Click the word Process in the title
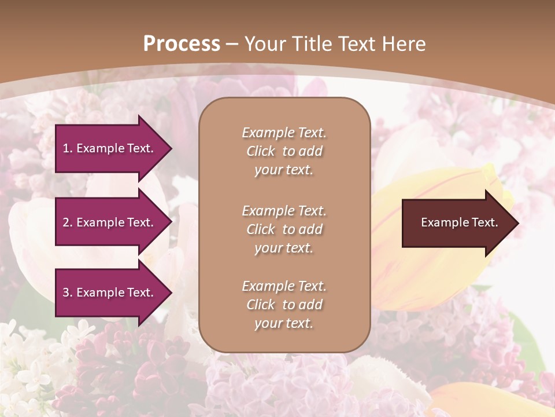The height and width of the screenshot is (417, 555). [x=182, y=44]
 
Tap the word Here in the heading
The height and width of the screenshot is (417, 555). [x=403, y=44]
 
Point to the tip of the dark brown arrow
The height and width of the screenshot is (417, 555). [x=517, y=223]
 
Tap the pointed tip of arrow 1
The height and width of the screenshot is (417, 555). [x=171, y=149]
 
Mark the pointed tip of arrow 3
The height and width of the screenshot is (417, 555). [x=171, y=292]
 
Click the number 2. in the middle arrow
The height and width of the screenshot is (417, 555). [x=67, y=222]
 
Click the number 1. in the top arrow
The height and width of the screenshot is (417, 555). [x=67, y=148]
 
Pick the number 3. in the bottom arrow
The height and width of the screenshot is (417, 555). [x=67, y=292]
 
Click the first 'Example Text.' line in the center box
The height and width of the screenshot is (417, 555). [x=284, y=133]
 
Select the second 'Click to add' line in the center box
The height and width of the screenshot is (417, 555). [x=284, y=229]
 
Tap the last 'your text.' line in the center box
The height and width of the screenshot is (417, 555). [x=284, y=323]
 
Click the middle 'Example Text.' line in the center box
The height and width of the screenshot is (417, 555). [x=284, y=211]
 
